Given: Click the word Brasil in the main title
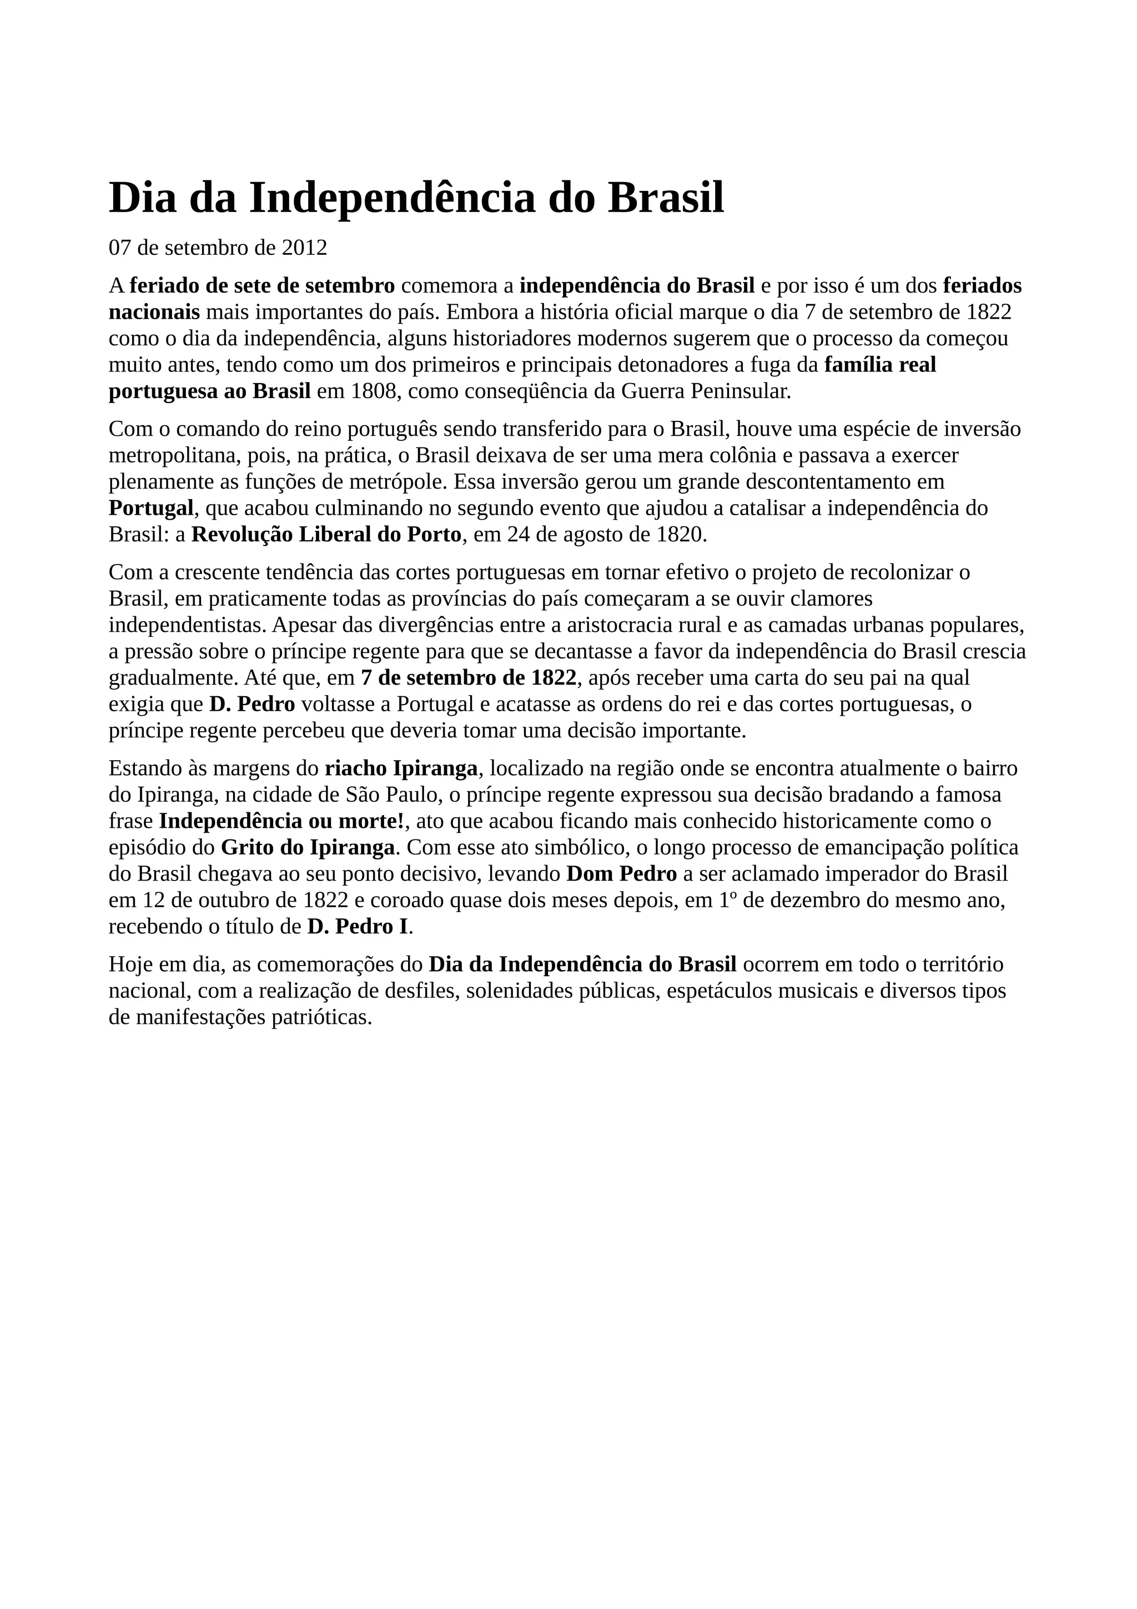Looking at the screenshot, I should pos(666,198).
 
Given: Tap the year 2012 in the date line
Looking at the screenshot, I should pos(304,248).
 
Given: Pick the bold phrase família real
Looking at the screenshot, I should pos(880,365).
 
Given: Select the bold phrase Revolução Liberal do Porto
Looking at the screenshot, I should pos(326,535).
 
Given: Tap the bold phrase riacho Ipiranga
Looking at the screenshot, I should pos(401,769).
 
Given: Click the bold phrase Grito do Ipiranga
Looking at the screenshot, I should pos(308,848).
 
